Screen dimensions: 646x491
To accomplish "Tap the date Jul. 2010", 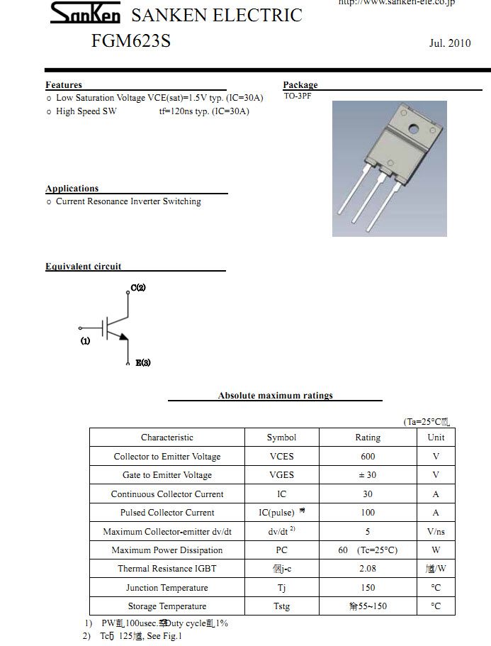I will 449,43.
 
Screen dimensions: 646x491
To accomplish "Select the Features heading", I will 64,85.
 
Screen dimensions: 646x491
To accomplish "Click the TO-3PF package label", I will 298,96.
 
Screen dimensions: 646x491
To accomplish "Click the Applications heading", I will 72,189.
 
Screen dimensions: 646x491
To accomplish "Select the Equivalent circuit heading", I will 83,267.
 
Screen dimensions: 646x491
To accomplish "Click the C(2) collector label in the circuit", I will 138,288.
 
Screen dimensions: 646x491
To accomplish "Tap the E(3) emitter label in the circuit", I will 143,363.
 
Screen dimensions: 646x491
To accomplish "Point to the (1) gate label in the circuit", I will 86,341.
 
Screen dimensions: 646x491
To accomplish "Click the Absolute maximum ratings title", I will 275,396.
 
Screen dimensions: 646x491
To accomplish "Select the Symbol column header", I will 281,438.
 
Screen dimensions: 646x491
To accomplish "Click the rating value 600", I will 368,457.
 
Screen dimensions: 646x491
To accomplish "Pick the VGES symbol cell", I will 281,475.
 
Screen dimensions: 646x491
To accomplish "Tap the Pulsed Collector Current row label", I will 167,513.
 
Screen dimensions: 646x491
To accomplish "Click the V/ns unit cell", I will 436,532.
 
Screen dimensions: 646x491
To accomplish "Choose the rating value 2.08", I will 368,569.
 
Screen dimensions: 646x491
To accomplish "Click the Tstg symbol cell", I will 281,606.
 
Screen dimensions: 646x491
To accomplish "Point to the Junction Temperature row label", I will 167,588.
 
